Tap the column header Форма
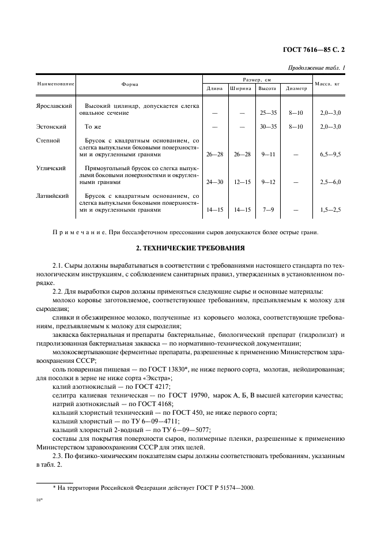130,84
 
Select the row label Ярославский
54,107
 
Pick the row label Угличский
50,168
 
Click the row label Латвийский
52,196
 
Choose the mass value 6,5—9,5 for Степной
330,155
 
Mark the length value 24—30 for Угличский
215,182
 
